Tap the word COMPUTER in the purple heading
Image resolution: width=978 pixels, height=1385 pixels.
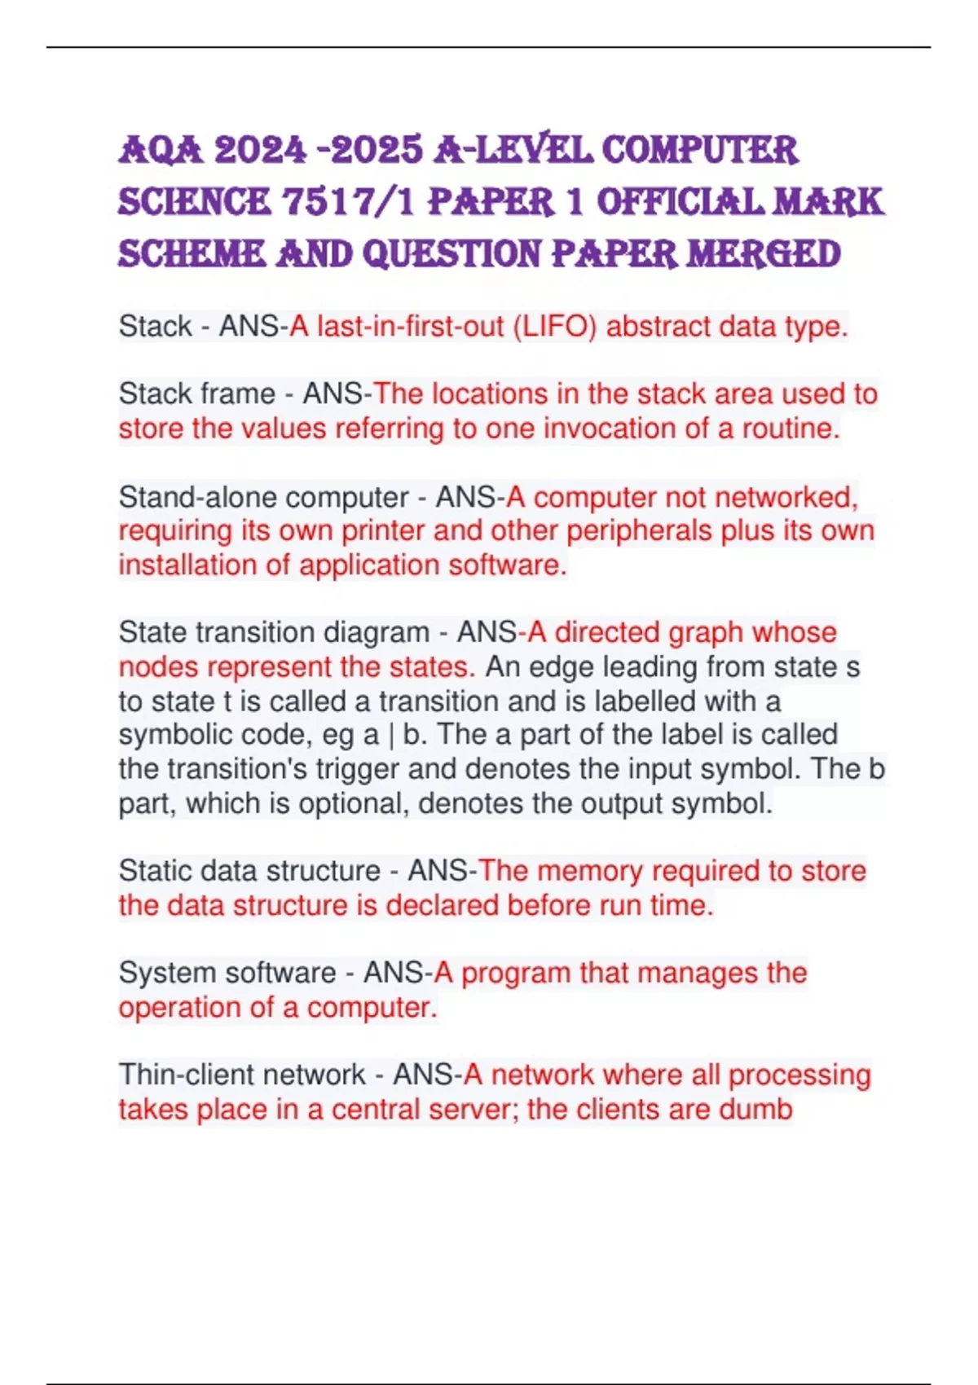(x=700, y=151)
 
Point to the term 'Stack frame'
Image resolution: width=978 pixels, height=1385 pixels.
(x=197, y=394)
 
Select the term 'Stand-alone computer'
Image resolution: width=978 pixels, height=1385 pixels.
(x=263, y=497)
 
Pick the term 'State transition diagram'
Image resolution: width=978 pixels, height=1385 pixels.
(x=274, y=632)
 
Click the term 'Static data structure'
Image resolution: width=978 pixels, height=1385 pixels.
(x=249, y=871)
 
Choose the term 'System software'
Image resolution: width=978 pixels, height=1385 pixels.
(x=227, y=973)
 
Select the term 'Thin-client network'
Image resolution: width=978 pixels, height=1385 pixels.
(x=242, y=1075)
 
